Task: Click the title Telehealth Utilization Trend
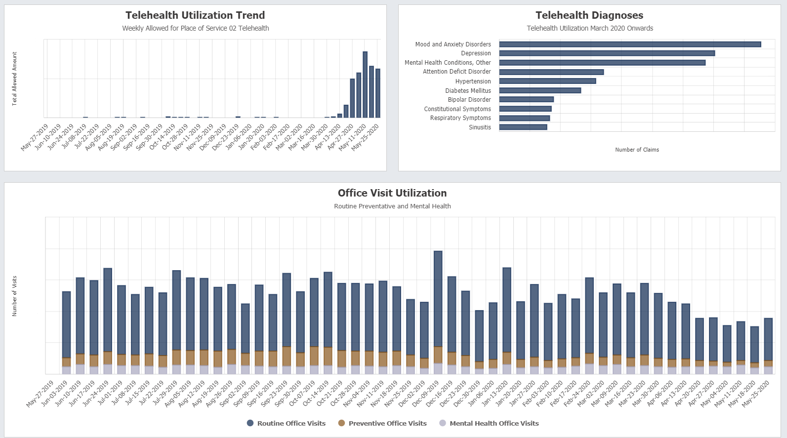[195, 15]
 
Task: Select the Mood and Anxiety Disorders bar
[630, 44]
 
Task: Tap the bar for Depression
[607, 53]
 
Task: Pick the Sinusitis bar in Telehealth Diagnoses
[523, 127]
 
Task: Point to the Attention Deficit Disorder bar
[551, 72]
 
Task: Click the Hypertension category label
[473, 81]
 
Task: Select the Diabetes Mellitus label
[468, 91]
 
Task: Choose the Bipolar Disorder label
[469, 100]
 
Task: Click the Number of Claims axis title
[637, 150]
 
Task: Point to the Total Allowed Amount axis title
[15, 79]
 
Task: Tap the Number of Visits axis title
[15, 296]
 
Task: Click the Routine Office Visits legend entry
[286, 423]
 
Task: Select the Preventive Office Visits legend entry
[382, 423]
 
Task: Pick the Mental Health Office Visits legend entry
[489, 423]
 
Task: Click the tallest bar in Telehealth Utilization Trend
[365, 84]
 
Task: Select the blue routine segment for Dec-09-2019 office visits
[438, 299]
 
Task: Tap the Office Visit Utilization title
[392, 193]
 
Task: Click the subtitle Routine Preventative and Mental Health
[392, 206]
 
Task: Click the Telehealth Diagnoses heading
[589, 15]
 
